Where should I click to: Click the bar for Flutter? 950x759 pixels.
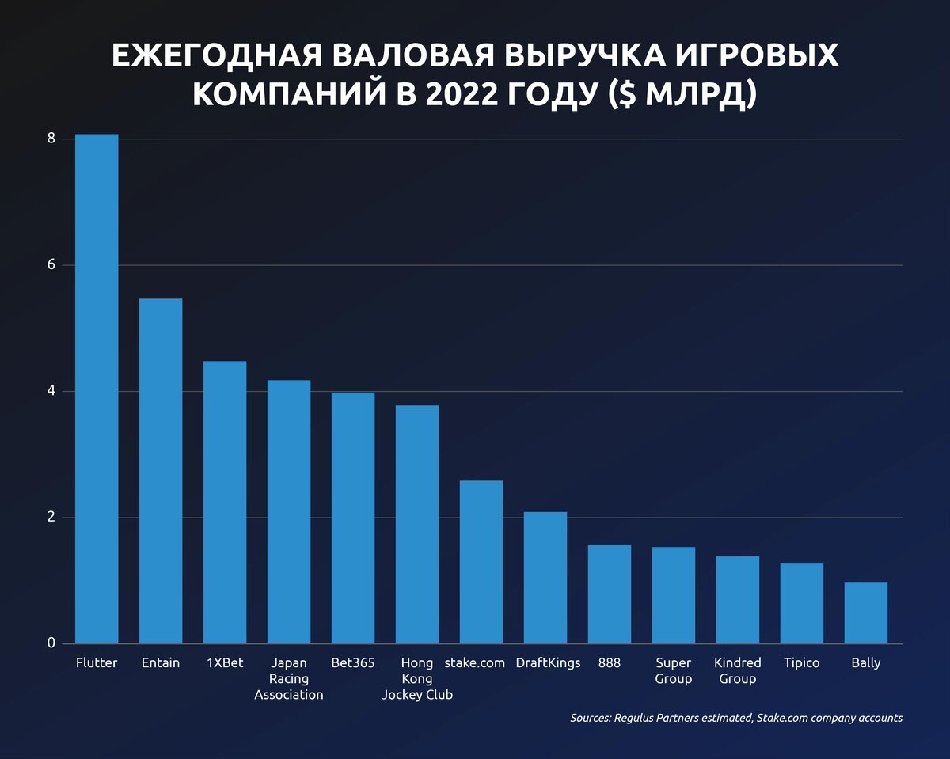coord(97,389)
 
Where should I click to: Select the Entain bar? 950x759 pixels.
coord(161,471)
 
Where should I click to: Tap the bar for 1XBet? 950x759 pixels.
coord(225,502)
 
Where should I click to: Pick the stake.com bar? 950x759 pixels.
coord(481,562)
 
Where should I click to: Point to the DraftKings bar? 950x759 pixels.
coord(545,578)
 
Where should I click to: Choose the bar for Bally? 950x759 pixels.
coord(866,613)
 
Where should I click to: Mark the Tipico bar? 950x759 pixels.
coord(802,603)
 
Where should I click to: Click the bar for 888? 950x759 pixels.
coord(610,594)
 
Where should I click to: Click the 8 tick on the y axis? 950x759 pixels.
coord(51,139)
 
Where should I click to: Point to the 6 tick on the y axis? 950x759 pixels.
coord(51,265)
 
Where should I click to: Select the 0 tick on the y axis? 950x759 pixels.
coord(51,643)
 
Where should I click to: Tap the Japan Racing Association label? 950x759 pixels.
coord(289,679)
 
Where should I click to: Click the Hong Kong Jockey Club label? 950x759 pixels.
coord(417,679)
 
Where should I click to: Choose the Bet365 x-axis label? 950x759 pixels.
coord(353,663)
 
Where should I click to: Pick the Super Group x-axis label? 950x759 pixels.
coord(674,671)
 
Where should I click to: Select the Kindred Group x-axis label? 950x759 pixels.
coord(738,671)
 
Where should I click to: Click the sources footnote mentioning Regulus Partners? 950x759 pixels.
coord(736,719)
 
